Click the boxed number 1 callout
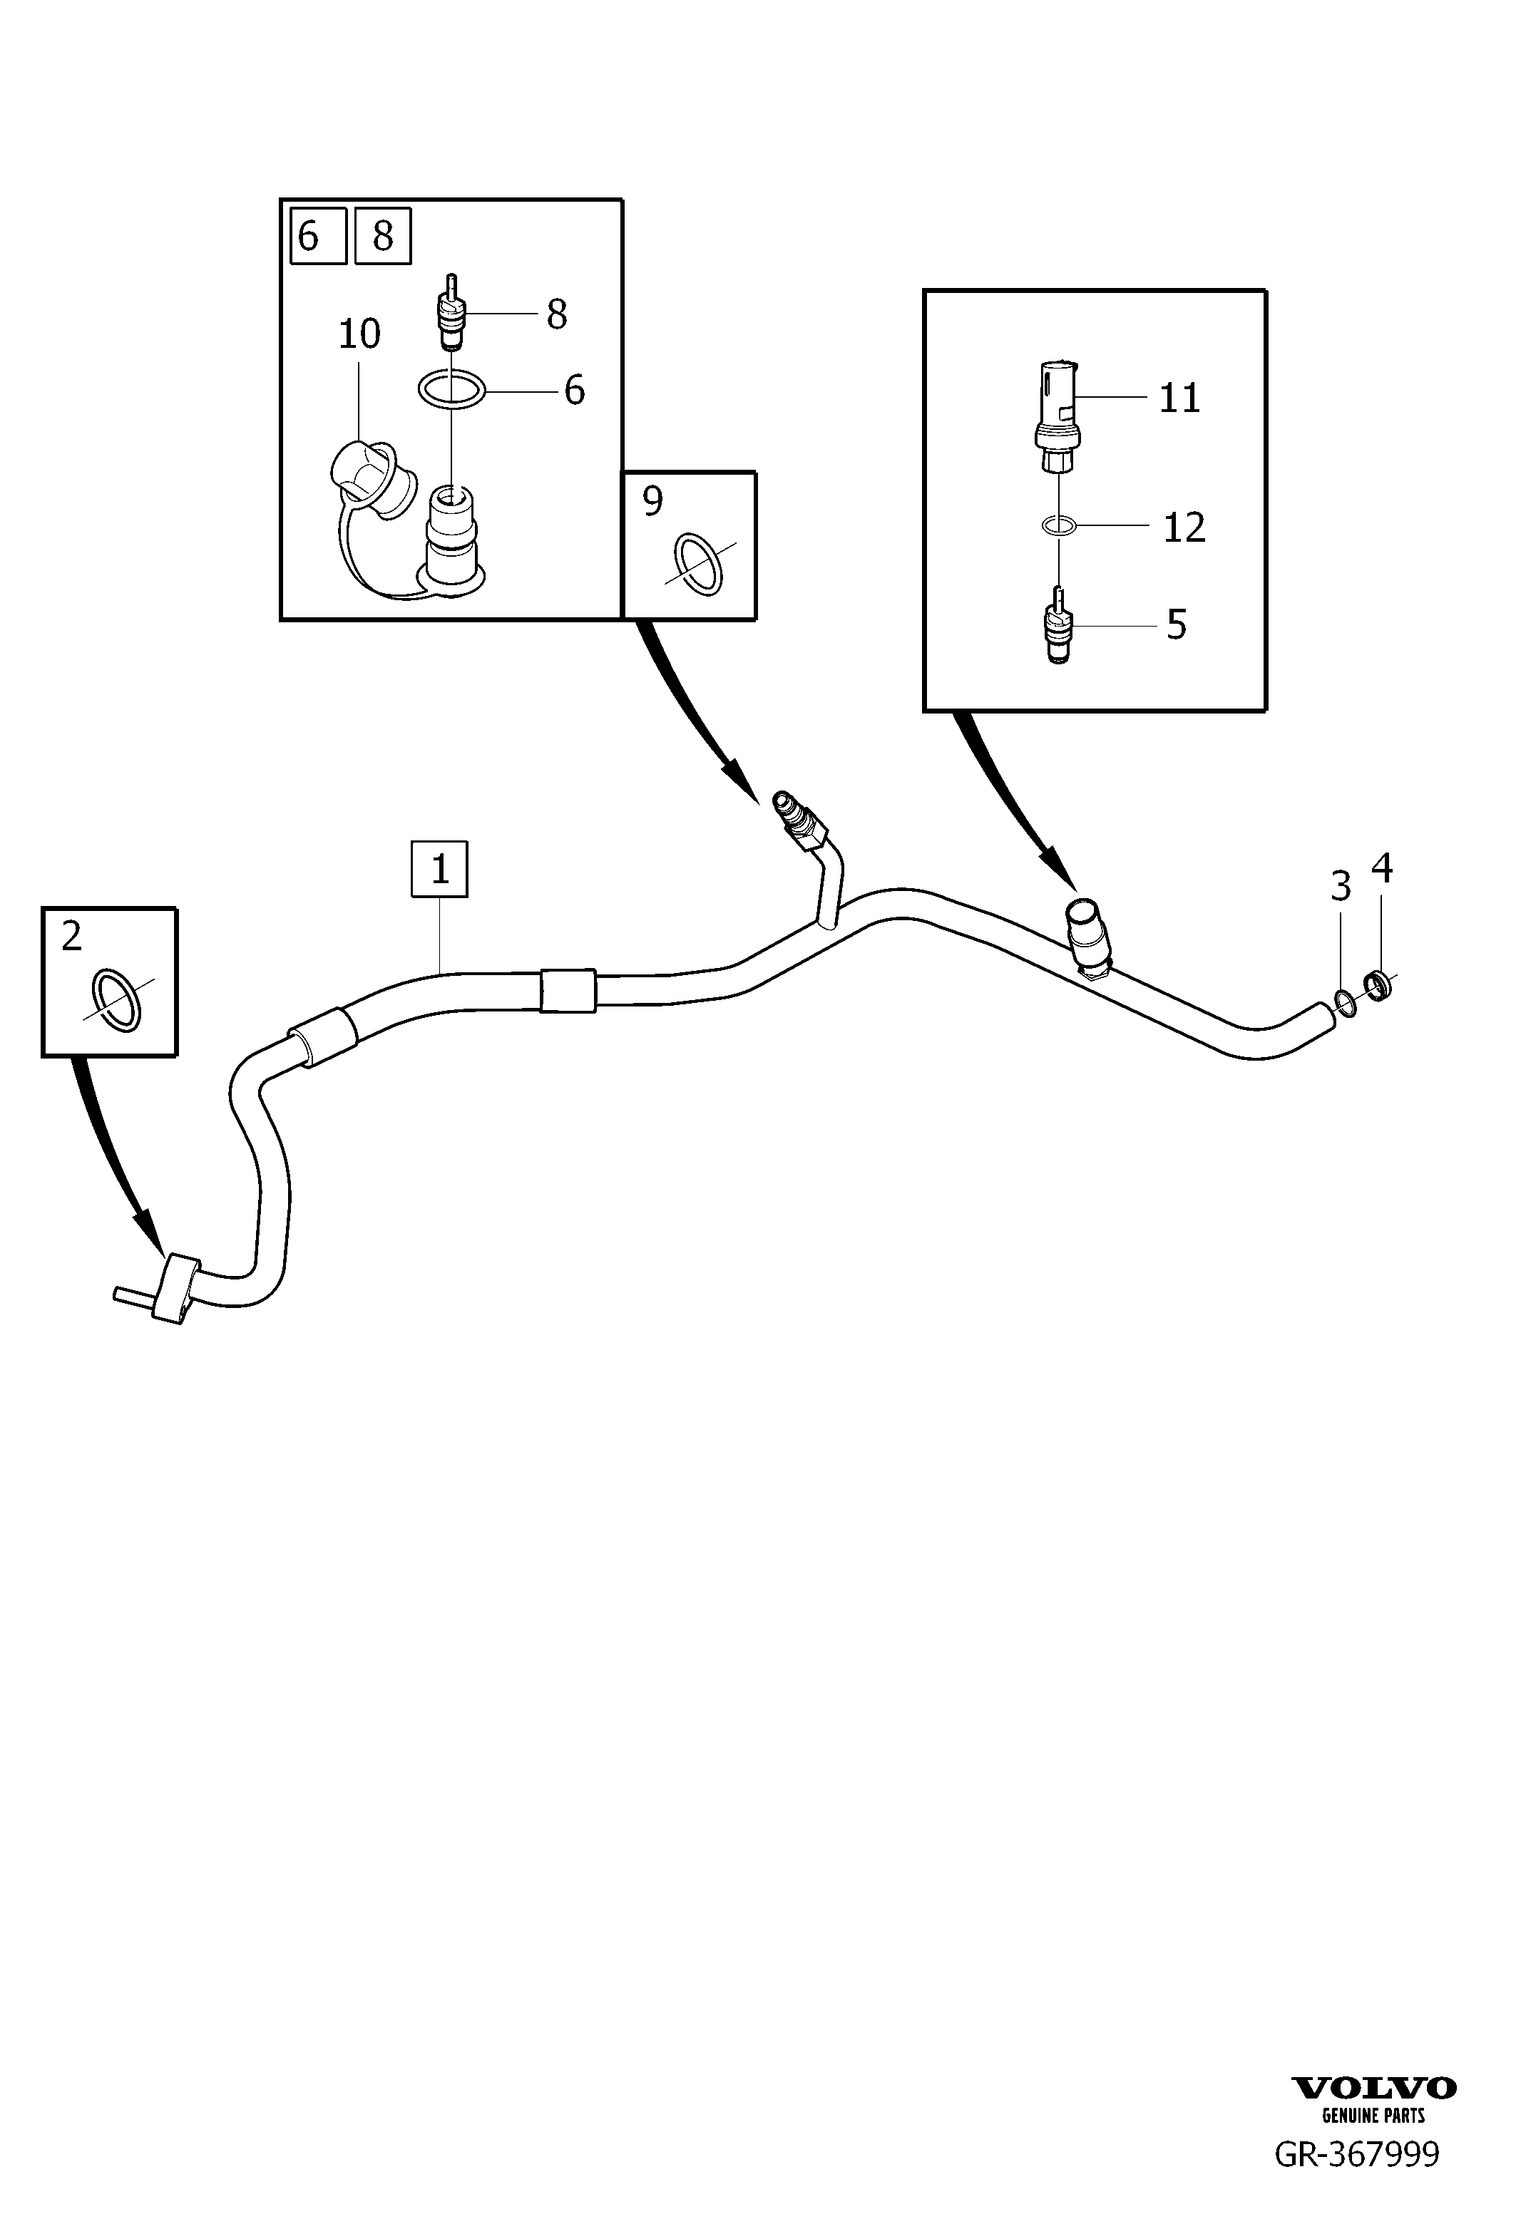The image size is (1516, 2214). pos(439,869)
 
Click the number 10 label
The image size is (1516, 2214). pos(359,334)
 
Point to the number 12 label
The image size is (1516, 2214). pos(1184,527)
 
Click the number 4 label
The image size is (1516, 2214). pos(1382,868)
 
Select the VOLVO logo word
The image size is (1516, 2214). pos(1374,2087)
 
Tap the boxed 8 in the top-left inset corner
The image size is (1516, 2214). pos(383,235)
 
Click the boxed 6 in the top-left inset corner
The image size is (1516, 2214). pos(318,235)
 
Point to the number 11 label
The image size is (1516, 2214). pos(1179,398)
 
